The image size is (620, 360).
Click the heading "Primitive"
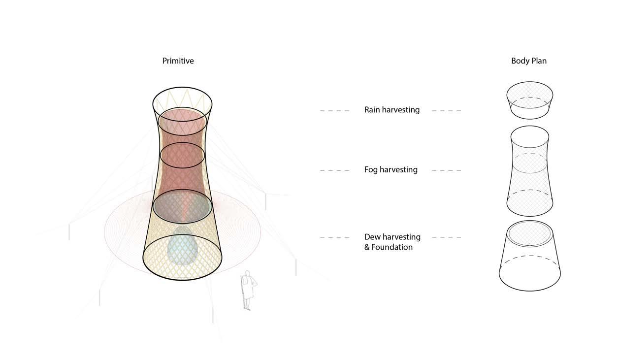tap(178, 61)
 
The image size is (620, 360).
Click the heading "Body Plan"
tap(528, 61)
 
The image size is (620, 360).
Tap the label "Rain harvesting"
tap(392, 110)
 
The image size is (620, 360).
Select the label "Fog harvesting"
tap(391, 170)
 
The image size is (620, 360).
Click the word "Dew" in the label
tap(372, 237)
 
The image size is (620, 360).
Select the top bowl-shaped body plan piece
tap(529, 100)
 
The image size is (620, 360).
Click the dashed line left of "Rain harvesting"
tap(335, 111)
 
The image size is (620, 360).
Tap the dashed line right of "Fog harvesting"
tap(447, 171)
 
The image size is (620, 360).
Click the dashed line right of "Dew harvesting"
tap(447, 237)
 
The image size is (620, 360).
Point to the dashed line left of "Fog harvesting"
tap(335, 171)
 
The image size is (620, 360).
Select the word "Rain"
tap(373, 110)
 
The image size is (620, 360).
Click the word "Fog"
tap(371, 170)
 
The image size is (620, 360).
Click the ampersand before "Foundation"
tap(367, 247)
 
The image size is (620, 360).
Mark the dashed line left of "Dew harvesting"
tap(335, 237)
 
